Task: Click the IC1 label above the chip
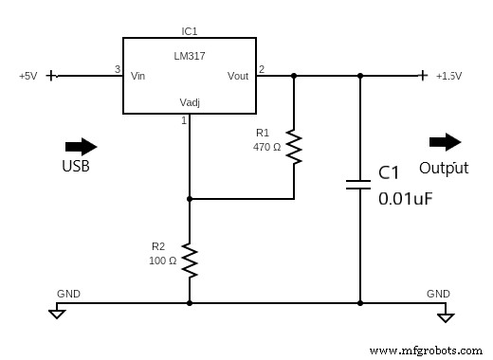189,31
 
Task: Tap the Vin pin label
138,76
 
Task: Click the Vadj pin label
190,102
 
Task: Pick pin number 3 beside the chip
117,69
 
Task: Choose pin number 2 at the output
262,69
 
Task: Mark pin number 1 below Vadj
184,120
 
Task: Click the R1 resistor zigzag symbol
294,146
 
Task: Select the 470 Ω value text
267,147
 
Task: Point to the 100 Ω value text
162,261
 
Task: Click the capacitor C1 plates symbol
359,184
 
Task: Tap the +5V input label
27,76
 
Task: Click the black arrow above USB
81,146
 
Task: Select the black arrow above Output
445,142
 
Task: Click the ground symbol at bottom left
57,312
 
